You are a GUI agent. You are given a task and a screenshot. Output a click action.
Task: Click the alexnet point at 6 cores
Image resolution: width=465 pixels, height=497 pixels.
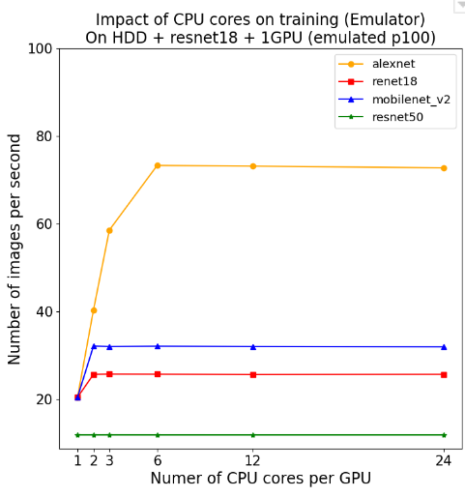(x=158, y=165)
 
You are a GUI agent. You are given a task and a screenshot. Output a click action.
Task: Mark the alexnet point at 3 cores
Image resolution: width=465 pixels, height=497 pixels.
(x=109, y=230)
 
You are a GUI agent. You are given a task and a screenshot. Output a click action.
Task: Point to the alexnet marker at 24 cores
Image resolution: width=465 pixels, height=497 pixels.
(x=444, y=168)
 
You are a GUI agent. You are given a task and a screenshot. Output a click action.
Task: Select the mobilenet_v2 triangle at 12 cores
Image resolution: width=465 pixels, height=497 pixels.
(x=253, y=346)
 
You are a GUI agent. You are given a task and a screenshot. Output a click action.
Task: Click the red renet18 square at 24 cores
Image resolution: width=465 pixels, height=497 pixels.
(x=444, y=374)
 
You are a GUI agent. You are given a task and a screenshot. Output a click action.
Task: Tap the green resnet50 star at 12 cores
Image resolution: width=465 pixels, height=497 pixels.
(x=253, y=435)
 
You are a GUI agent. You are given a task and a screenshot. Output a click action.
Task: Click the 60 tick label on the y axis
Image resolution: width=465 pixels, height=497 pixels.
(x=41, y=224)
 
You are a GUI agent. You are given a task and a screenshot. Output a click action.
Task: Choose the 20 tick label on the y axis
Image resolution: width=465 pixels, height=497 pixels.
(x=41, y=399)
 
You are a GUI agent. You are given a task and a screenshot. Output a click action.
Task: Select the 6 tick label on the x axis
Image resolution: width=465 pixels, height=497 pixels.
(x=158, y=460)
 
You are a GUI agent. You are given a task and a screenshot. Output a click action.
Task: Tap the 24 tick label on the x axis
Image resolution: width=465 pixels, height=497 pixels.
(x=444, y=460)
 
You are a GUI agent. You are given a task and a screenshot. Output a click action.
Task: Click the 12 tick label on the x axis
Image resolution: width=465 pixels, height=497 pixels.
(x=253, y=460)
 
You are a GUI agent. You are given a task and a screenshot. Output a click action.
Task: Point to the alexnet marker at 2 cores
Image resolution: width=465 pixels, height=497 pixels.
(x=94, y=310)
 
